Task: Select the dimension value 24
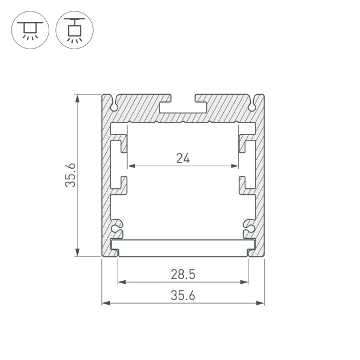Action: [x=183, y=158]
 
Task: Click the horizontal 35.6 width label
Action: [x=183, y=295]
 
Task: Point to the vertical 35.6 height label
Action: [x=71, y=175]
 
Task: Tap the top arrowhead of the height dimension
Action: [x=77, y=97]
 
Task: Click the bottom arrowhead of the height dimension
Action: [x=77, y=253]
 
